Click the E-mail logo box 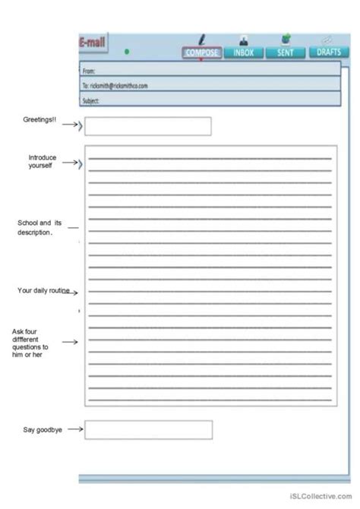point(93,46)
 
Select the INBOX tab point(244,52)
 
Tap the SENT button point(285,52)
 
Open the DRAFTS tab point(327,52)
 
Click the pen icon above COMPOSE point(202,40)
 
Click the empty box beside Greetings point(147,126)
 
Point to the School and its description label point(39,227)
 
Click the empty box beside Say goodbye point(148,430)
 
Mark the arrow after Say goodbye point(74,430)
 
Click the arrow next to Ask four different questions point(70,342)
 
